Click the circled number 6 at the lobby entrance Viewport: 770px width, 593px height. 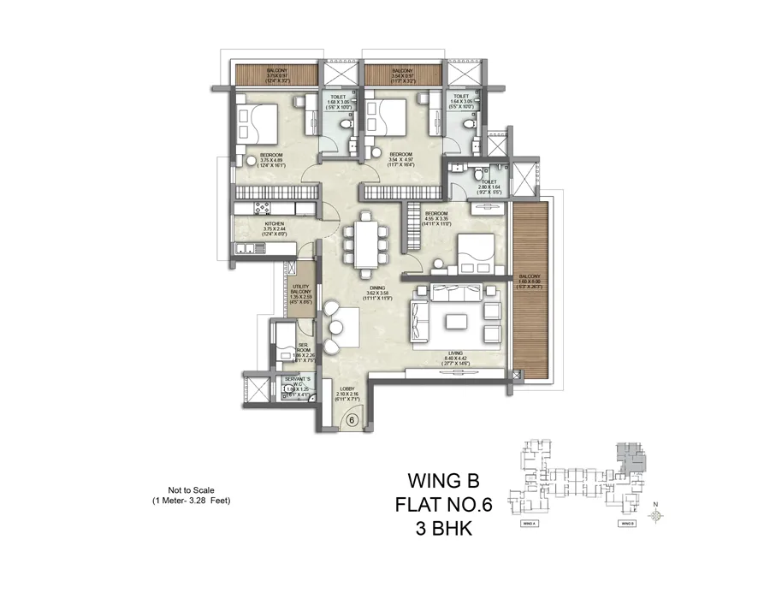point(350,419)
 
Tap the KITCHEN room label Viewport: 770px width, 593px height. point(250,227)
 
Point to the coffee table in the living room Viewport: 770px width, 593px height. point(454,322)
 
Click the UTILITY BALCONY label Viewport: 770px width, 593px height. point(300,291)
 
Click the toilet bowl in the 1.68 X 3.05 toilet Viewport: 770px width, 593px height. point(342,124)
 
